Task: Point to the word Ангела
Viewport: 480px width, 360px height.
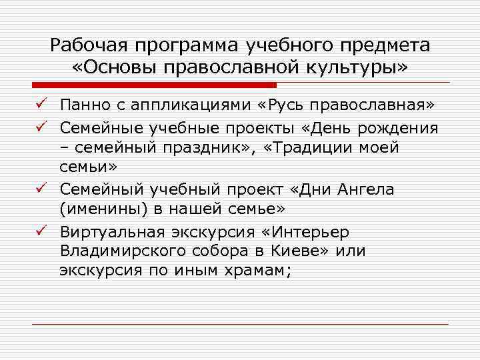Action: pos(367,189)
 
